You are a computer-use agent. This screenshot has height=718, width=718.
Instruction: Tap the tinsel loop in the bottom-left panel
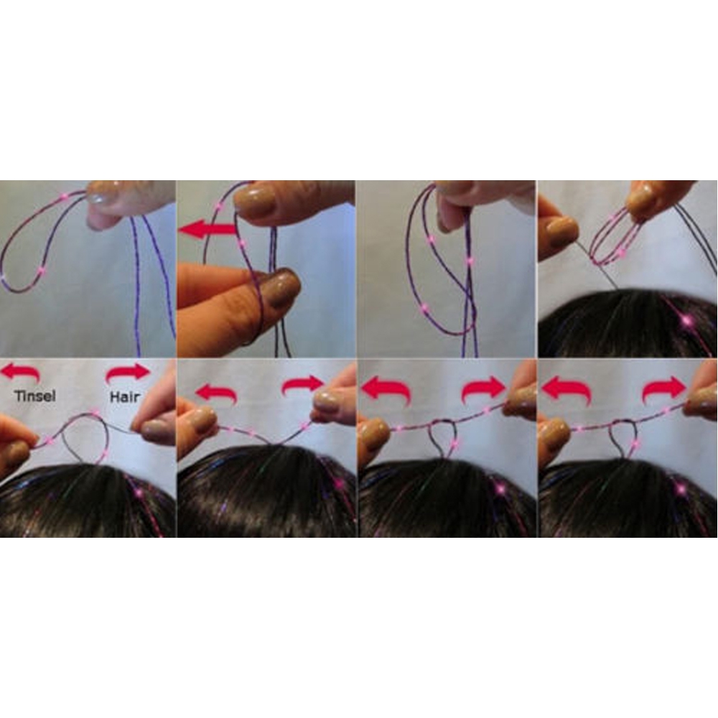pos(85,434)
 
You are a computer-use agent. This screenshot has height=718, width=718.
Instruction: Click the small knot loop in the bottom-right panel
pos(623,439)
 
